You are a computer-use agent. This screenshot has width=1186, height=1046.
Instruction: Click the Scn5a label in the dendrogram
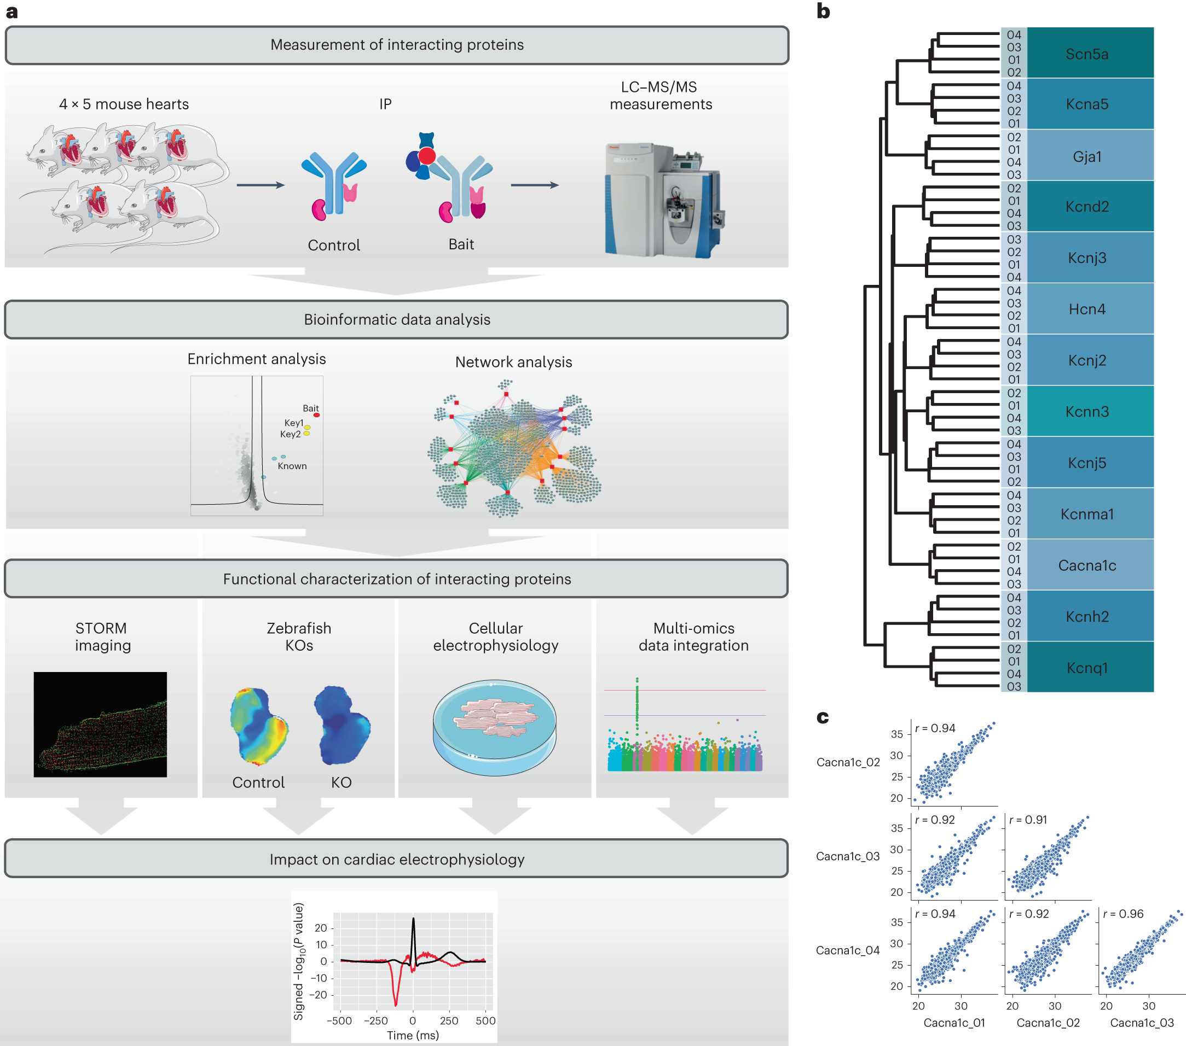(1086, 54)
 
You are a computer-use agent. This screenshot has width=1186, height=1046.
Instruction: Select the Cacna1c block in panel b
(1086, 565)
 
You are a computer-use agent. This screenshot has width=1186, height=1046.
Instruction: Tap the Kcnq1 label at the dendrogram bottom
(1086, 668)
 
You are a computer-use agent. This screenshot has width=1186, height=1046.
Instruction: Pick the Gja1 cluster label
(1086, 156)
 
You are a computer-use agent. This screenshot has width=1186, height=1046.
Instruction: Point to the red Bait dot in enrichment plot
(316, 415)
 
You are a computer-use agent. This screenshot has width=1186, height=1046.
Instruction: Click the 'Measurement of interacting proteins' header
(397, 45)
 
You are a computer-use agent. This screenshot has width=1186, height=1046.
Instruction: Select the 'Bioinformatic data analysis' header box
(397, 319)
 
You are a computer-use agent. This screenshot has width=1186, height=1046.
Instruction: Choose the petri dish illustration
(494, 727)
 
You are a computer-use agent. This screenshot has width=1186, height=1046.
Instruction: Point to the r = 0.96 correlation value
(1123, 914)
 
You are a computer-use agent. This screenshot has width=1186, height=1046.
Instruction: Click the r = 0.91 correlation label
(1028, 820)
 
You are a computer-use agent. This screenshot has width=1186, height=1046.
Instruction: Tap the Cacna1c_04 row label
(848, 950)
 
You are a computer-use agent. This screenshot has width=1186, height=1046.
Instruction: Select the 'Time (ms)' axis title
(413, 1036)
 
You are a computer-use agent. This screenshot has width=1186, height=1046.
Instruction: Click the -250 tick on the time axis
(375, 1021)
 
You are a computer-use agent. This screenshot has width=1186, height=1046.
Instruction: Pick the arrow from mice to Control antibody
(261, 185)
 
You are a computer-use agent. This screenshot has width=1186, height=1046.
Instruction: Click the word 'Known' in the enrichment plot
(292, 466)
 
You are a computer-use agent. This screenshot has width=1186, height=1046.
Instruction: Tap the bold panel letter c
(823, 718)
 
